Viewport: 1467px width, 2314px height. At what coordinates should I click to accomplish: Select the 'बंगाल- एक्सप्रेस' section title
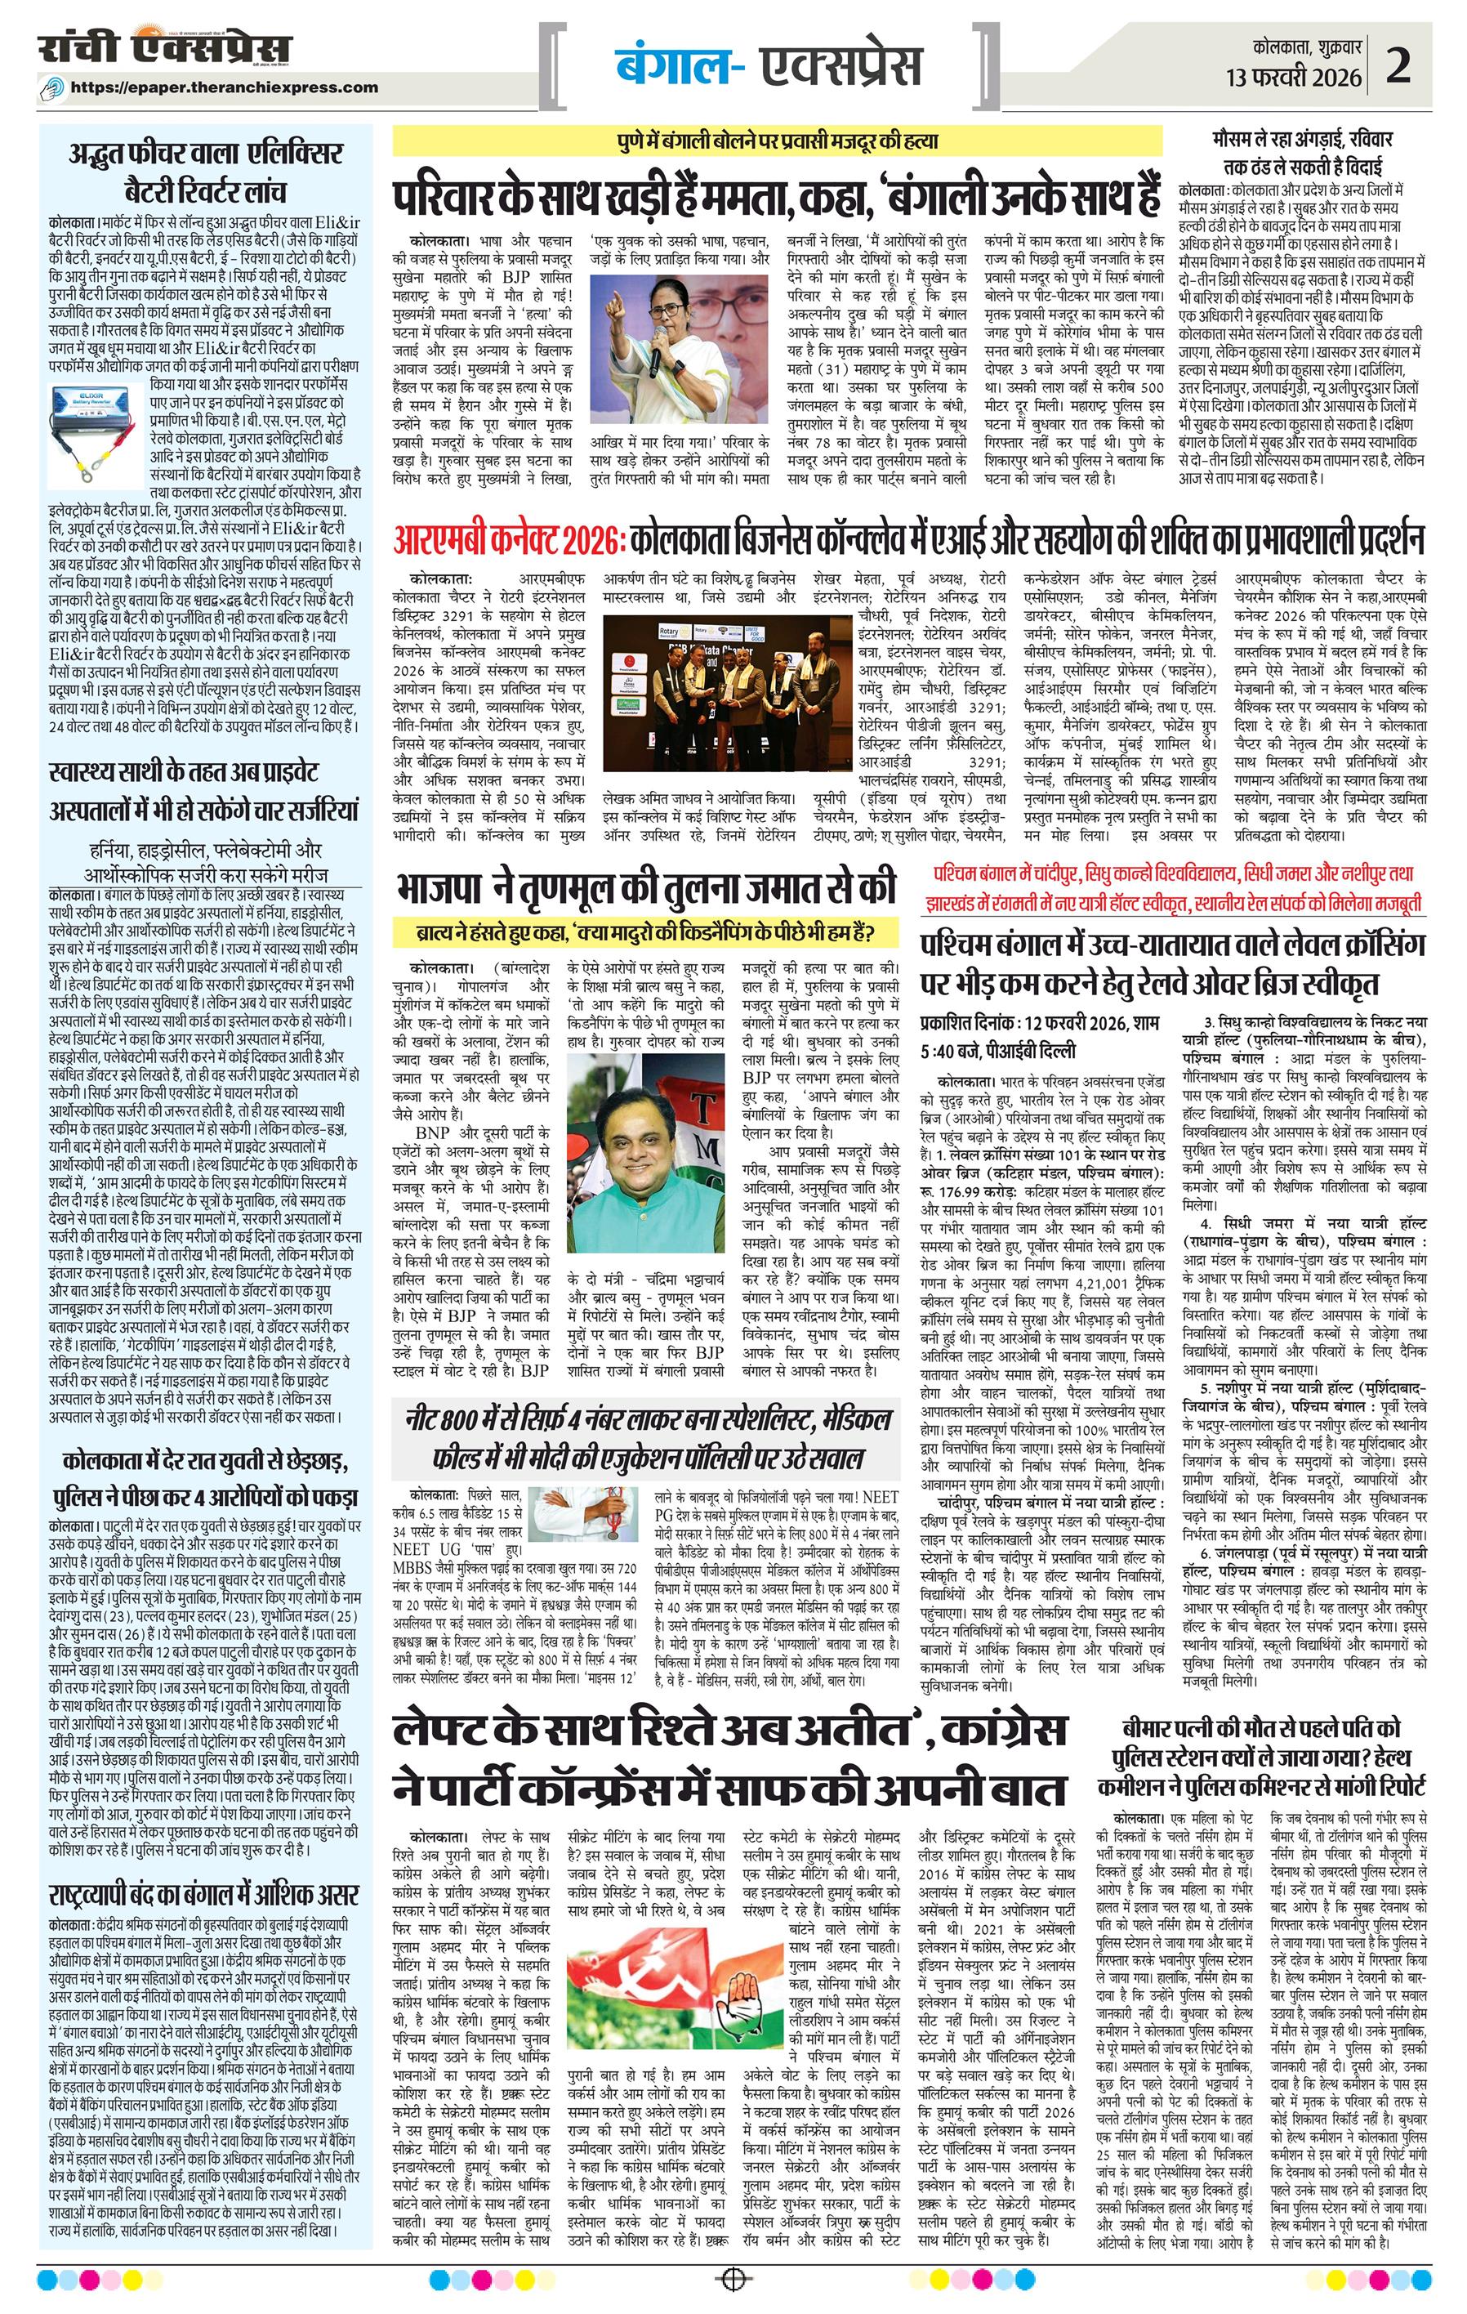[768, 65]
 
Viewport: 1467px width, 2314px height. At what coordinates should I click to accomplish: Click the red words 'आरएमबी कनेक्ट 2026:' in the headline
[508, 540]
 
